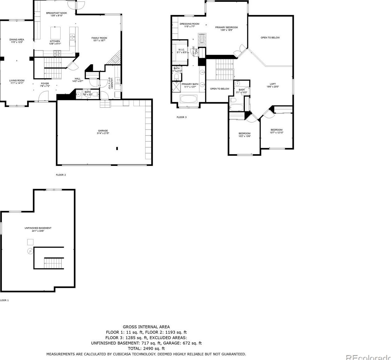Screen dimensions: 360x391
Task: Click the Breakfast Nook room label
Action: pyautogui.click(x=55, y=13)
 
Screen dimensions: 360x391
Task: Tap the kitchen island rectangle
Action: pyautogui.click(x=56, y=33)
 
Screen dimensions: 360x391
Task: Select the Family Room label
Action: pyautogui.click(x=99, y=38)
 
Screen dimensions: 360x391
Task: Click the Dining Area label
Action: pyautogui.click(x=17, y=40)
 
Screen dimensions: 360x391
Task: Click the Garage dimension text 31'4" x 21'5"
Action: pyautogui.click(x=103, y=133)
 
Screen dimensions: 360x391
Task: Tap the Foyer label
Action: pyautogui.click(x=45, y=84)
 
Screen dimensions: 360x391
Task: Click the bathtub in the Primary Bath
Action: pyautogui.click(x=189, y=100)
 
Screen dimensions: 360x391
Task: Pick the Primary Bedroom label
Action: pyautogui.click(x=226, y=27)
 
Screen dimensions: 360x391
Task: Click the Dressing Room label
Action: pyautogui.click(x=189, y=24)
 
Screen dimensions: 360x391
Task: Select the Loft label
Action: pyautogui.click(x=273, y=84)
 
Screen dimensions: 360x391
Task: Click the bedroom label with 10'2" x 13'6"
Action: pyautogui.click(x=244, y=134)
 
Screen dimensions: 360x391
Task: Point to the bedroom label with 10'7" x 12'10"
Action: pyautogui.click(x=276, y=130)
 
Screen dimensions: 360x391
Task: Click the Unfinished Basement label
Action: pyautogui.click(x=38, y=228)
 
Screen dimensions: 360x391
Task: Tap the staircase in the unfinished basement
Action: pyautogui.click(x=54, y=263)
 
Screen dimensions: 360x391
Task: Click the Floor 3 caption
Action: pyautogui.click(x=181, y=117)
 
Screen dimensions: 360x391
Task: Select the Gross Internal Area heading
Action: pyautogui.click(x=146, y=327)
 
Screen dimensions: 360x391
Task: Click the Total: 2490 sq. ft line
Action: pyautogui.click(x=146, y=348)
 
